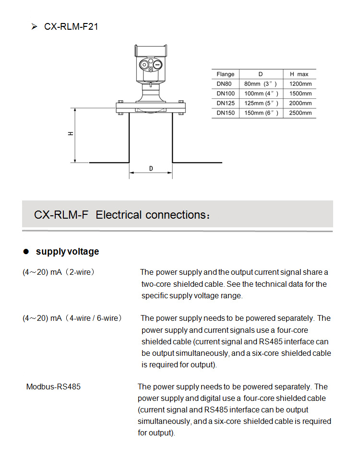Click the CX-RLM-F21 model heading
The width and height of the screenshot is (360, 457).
click(x=71, y=27)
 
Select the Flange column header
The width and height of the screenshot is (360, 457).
click(x=225, y=74)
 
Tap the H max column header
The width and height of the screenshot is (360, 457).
click(x=299, y=74)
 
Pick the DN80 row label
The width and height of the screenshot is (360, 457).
click(x=224, y=84)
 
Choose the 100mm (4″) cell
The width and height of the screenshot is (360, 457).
click(x=261, y=94)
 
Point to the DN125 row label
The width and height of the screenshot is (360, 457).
click(x=225, y=103)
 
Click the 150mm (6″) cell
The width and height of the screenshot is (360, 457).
click(x=261, y=113)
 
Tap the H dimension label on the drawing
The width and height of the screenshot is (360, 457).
click(x=71, y=134)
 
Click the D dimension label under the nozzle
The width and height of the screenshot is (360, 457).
click(x=151, y=169)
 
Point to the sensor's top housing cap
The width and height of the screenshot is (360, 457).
click(x=151, y=50)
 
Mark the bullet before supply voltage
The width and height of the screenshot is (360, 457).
click(x=26, y=252)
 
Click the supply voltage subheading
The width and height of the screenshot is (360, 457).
click(x=67, y=252)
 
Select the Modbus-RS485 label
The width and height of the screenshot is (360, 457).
click(x=53, y=387)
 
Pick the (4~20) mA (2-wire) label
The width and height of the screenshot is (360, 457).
click(x=58, y=272)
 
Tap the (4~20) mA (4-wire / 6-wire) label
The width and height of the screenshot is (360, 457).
click(x=72, y=318)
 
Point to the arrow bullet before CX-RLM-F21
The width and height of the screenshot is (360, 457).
click(x=35, y=27)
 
